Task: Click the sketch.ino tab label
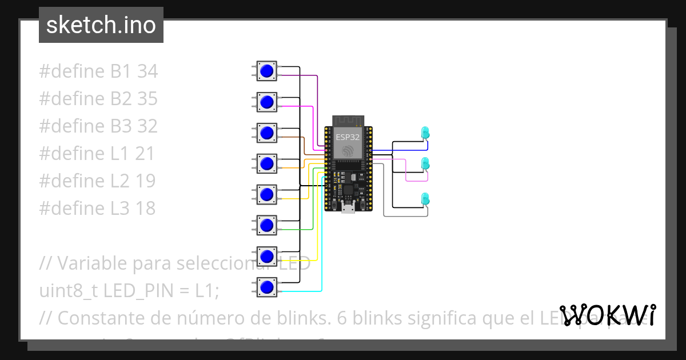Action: click(101, 25)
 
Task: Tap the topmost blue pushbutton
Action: click(266, 71)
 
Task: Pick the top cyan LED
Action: click(425, 133)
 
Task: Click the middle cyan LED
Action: click(425, 164)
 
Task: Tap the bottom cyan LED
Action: click(425, 199)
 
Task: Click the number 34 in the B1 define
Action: click(147, 71)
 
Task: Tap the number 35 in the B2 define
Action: click(147, 99)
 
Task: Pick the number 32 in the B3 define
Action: click(147, 126)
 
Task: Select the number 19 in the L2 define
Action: click(146, 181)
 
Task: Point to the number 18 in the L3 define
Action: click(146, 209)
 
